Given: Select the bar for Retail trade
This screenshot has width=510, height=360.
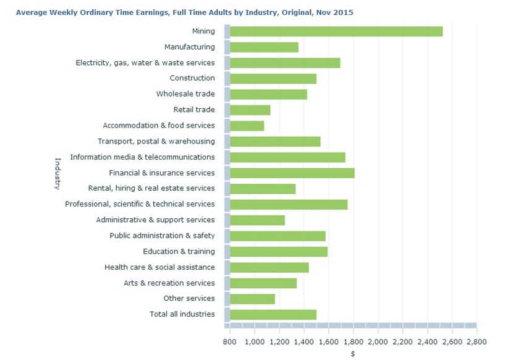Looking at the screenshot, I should click(250, 110).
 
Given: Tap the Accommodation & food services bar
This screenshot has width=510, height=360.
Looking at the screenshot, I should click(247, 126).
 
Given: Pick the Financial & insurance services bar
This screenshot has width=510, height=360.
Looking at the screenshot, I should click(292, 173).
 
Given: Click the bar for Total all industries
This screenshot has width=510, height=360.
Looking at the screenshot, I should click(273, 314).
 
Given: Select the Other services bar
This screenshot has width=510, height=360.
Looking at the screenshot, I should click(252, 299).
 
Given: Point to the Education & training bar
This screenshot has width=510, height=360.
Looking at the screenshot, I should click(278, 252).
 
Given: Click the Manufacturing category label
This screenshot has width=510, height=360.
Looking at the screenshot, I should click(189, 47).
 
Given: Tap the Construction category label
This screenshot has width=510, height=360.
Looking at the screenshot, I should click(192, 78).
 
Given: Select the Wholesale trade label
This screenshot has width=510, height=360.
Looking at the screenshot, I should click(185, 94).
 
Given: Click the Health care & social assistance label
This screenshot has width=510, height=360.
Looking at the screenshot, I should click(159, 267).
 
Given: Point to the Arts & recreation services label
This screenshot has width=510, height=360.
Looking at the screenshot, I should click(169, 283).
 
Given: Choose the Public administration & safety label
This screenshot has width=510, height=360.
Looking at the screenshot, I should click(162, 236).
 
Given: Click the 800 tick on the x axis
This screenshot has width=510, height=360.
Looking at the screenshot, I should click(230, 341).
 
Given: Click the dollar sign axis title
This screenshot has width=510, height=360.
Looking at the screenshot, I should click(353, 354).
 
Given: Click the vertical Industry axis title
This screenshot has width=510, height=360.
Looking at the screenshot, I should click(57, 173).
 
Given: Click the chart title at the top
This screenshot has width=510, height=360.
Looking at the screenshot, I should click(184, 12).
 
